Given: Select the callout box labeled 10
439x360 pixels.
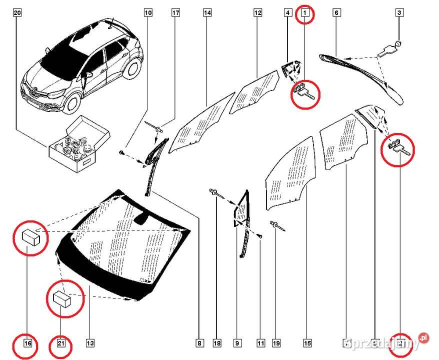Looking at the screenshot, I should click(x=148, y=13).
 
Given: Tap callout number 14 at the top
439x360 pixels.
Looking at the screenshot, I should click(x=207, y=13).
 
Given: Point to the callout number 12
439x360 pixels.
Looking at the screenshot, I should click(x=257, y=13).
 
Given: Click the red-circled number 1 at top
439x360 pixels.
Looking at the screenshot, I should click(x=305, y=13).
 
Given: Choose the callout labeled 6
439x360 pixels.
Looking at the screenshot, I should click(x=335, y=13).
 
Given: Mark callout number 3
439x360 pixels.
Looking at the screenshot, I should click(x=399, y=13).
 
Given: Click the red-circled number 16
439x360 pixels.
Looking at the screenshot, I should click(x=28, y=343).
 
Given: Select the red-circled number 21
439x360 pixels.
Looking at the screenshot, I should click(x=61, y=343).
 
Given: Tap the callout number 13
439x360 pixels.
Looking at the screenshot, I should click(x=90, y=343).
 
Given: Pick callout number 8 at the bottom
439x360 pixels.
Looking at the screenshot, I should click(x=199, y=343).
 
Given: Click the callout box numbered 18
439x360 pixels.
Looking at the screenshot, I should click(x=216, y=343).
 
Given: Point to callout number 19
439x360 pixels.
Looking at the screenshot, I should click(x=276, y=343).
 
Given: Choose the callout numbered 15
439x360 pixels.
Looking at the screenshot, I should click(x=307, y=343).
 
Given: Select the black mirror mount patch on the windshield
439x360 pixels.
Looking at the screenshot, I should click(x=142, y=218).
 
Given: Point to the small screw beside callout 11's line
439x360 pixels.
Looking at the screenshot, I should click(x=260, y=234).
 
